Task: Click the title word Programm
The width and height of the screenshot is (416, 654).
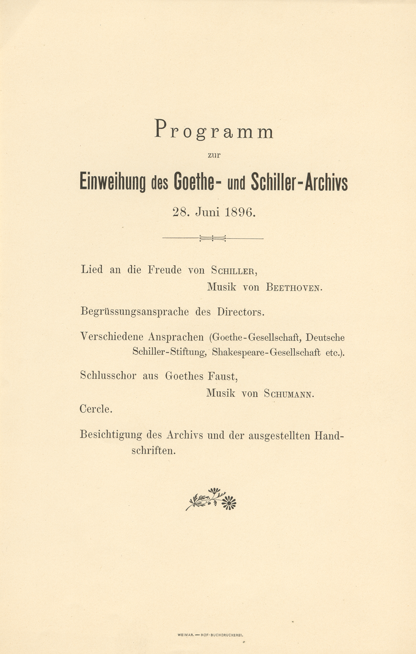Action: coord(214,131)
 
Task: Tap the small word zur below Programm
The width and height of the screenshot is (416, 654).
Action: coord(214,155)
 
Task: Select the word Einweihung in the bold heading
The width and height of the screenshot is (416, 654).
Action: coord(112,183)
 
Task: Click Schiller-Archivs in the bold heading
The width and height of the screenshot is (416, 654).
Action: coord(299,183)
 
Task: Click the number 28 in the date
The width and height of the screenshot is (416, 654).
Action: coord(180,212)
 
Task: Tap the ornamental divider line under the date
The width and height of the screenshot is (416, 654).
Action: coord(213,239)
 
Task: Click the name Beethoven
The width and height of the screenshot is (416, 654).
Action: coord(294,288)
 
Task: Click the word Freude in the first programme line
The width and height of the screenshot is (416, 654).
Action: coord(164,270)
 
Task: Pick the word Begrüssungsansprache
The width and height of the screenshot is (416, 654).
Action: coord(134,312)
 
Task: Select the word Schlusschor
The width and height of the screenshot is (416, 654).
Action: coord(108,376)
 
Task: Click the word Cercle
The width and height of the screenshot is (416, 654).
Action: coord(96,409)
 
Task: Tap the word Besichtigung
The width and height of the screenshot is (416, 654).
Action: coord(111,436)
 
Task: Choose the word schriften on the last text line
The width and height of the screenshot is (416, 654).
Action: coord(153,451)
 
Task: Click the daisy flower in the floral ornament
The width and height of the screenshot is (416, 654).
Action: coord(229,503)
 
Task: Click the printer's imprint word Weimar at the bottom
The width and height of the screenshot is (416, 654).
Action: coord(185,635)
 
